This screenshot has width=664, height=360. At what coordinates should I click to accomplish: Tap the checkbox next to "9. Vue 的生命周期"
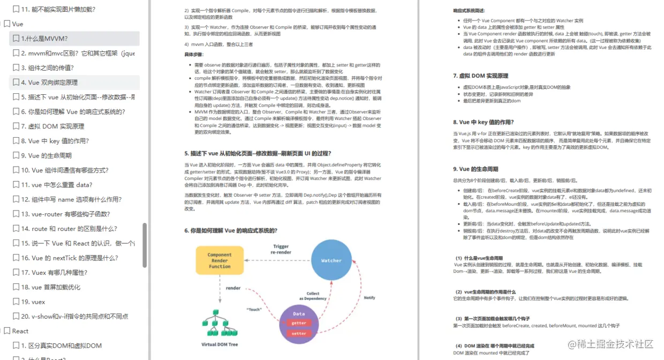coord(16,156)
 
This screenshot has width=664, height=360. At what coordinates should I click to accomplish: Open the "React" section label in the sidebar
coord(20,331)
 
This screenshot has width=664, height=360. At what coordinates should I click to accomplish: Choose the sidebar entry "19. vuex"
coord(33,302)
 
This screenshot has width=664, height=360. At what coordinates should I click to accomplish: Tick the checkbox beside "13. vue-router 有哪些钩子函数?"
coord(16,214)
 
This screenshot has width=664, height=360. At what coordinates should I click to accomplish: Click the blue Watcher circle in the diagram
coord(331,260)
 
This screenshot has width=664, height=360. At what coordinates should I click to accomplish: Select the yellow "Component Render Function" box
coord(220,260)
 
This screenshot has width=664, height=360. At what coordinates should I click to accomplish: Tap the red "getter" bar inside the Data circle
coord(299,323)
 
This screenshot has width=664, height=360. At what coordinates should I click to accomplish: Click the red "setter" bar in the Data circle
coord(299,333)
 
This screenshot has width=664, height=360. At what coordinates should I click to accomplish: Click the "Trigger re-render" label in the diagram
coord(281,250)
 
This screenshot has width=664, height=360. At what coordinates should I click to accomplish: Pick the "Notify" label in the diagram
coord(369,298)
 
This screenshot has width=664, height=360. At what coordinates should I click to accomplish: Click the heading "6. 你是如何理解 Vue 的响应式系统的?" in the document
coord(231,230)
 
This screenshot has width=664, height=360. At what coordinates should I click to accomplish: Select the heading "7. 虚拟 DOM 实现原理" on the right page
coord(480,76)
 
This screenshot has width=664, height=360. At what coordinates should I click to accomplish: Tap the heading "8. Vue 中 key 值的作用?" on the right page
coord(484,122)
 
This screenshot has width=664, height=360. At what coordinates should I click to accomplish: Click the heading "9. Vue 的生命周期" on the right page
coord(476,169)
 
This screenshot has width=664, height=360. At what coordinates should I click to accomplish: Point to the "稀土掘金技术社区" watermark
coord(610,343)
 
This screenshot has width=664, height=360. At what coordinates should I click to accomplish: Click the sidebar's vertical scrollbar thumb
coord(145,245)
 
